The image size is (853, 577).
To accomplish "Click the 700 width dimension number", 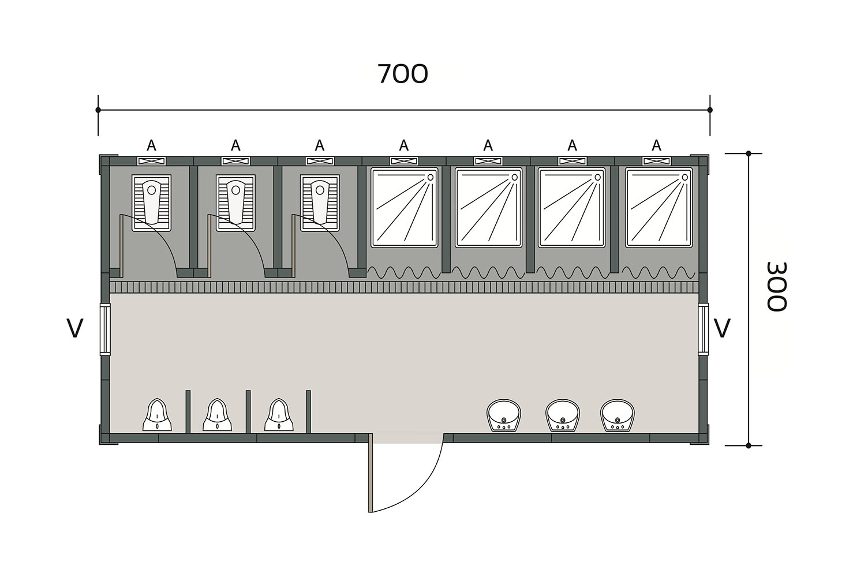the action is tap(403, 74).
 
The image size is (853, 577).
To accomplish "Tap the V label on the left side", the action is tap(75, 328).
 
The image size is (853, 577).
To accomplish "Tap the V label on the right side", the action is tap(721, 328).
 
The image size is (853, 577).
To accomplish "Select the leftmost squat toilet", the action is tap(152, 203).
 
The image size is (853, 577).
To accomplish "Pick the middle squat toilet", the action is tap(235, 203).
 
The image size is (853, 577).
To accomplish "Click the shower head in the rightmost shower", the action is tap(684, 177).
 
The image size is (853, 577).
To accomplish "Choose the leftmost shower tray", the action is tap(405, 208).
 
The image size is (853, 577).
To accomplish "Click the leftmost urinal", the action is tap(158, 415).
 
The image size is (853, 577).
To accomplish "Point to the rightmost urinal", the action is tap(279, 415).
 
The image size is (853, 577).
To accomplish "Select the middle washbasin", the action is tap(563, 415).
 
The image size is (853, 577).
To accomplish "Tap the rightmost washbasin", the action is tap(618, 415).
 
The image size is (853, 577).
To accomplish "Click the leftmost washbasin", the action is tap(504, 415).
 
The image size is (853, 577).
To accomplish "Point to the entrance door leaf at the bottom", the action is tap(371, 473).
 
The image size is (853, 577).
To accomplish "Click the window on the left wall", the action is tap(105, 329).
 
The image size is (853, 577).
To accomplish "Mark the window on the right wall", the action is tap(704, 329).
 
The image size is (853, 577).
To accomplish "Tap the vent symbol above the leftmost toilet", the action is tap(152, 161).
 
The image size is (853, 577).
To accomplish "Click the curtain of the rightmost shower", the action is tap(659, 273).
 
